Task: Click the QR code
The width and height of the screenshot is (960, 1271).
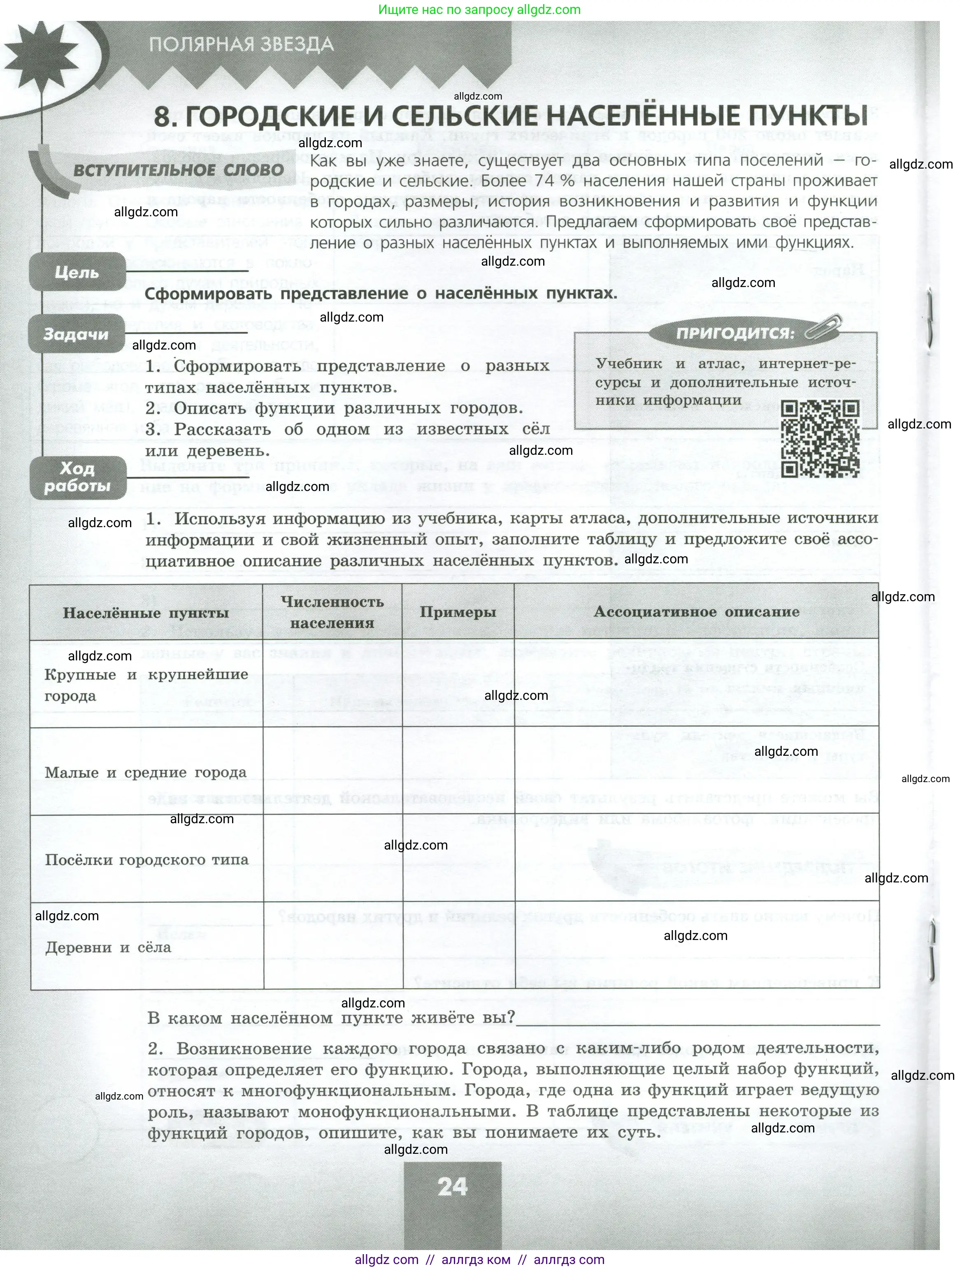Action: pyautogui.click(x=821, y=439)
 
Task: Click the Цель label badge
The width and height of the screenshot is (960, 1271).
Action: pyautogui.click(x=77, y=272)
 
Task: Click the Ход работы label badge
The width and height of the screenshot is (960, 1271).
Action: pyautogui.click(x=77, y=477)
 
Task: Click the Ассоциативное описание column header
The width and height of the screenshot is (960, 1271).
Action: pyautogui.click(x=696, y=611)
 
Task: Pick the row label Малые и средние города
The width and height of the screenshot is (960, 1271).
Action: pyautogui.click(x=145, y=772)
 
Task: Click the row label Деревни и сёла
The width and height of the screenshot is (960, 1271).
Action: pyautogui.click(x=108, y=947)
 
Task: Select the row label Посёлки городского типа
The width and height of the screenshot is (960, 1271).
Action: pyautogui.click(x=146, y=859)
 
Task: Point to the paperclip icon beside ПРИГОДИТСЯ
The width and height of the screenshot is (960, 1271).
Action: pyautogui.click(x=824, y=328)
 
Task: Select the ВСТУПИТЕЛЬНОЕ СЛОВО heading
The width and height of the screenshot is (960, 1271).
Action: pyautogui.click(x=179, y=170)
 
